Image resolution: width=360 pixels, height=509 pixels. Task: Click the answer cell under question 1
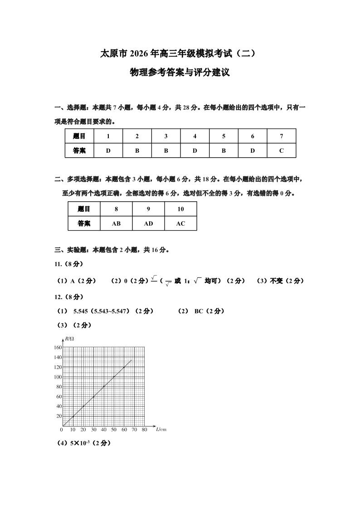point(108,150)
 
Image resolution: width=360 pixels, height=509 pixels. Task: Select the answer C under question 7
point(281,150)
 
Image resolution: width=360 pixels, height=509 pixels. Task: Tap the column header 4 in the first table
point(195,136)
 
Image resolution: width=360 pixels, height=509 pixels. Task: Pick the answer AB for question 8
point(116,223)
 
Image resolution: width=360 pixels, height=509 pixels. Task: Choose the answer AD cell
point(148,223)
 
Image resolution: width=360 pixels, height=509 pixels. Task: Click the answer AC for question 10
point(180,223)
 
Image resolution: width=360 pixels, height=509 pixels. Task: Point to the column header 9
point(148,209)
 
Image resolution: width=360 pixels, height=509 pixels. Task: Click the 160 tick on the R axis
point(58,348)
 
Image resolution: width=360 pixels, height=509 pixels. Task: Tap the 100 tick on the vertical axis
point(58,377)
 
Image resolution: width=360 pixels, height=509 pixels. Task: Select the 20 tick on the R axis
point(58,416)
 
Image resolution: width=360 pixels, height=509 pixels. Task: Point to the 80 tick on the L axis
point(144,429)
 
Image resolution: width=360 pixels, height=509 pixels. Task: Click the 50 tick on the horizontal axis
point(114,429)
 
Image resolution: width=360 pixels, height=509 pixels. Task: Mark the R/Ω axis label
point(69,338)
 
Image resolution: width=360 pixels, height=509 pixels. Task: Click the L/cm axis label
point(161,429)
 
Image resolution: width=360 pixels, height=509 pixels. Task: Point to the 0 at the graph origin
point(62,429)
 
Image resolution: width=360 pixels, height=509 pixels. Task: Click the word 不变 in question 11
point(276,281)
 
